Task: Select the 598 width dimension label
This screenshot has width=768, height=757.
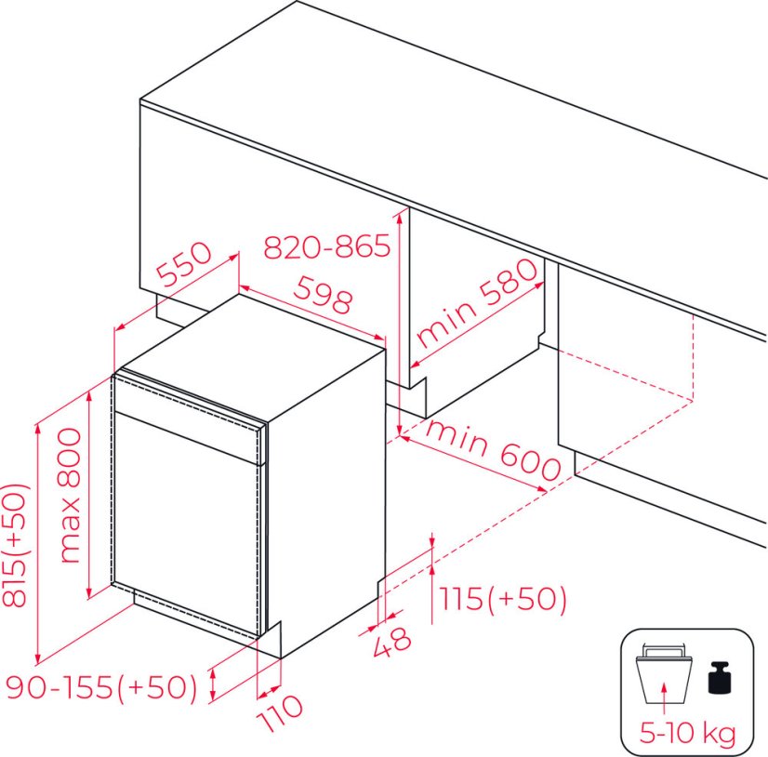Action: (323, 295)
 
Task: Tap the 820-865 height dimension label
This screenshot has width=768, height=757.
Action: (326, 246)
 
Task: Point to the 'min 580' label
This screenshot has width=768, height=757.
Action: (476, 302)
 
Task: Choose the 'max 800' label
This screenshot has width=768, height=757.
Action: (69, 496)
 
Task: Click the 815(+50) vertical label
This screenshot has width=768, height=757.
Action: (15, 546)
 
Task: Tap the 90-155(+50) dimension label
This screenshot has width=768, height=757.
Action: (101, 686)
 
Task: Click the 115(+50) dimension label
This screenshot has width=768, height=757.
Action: (502, 598)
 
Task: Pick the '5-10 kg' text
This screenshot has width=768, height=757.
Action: (688, 733)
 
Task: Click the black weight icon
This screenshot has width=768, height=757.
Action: (719, 678)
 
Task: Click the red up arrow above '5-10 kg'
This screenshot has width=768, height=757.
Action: (664, 699)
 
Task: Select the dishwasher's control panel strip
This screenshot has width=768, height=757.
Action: (189, 418)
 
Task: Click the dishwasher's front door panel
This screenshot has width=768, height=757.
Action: (186, 525)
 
